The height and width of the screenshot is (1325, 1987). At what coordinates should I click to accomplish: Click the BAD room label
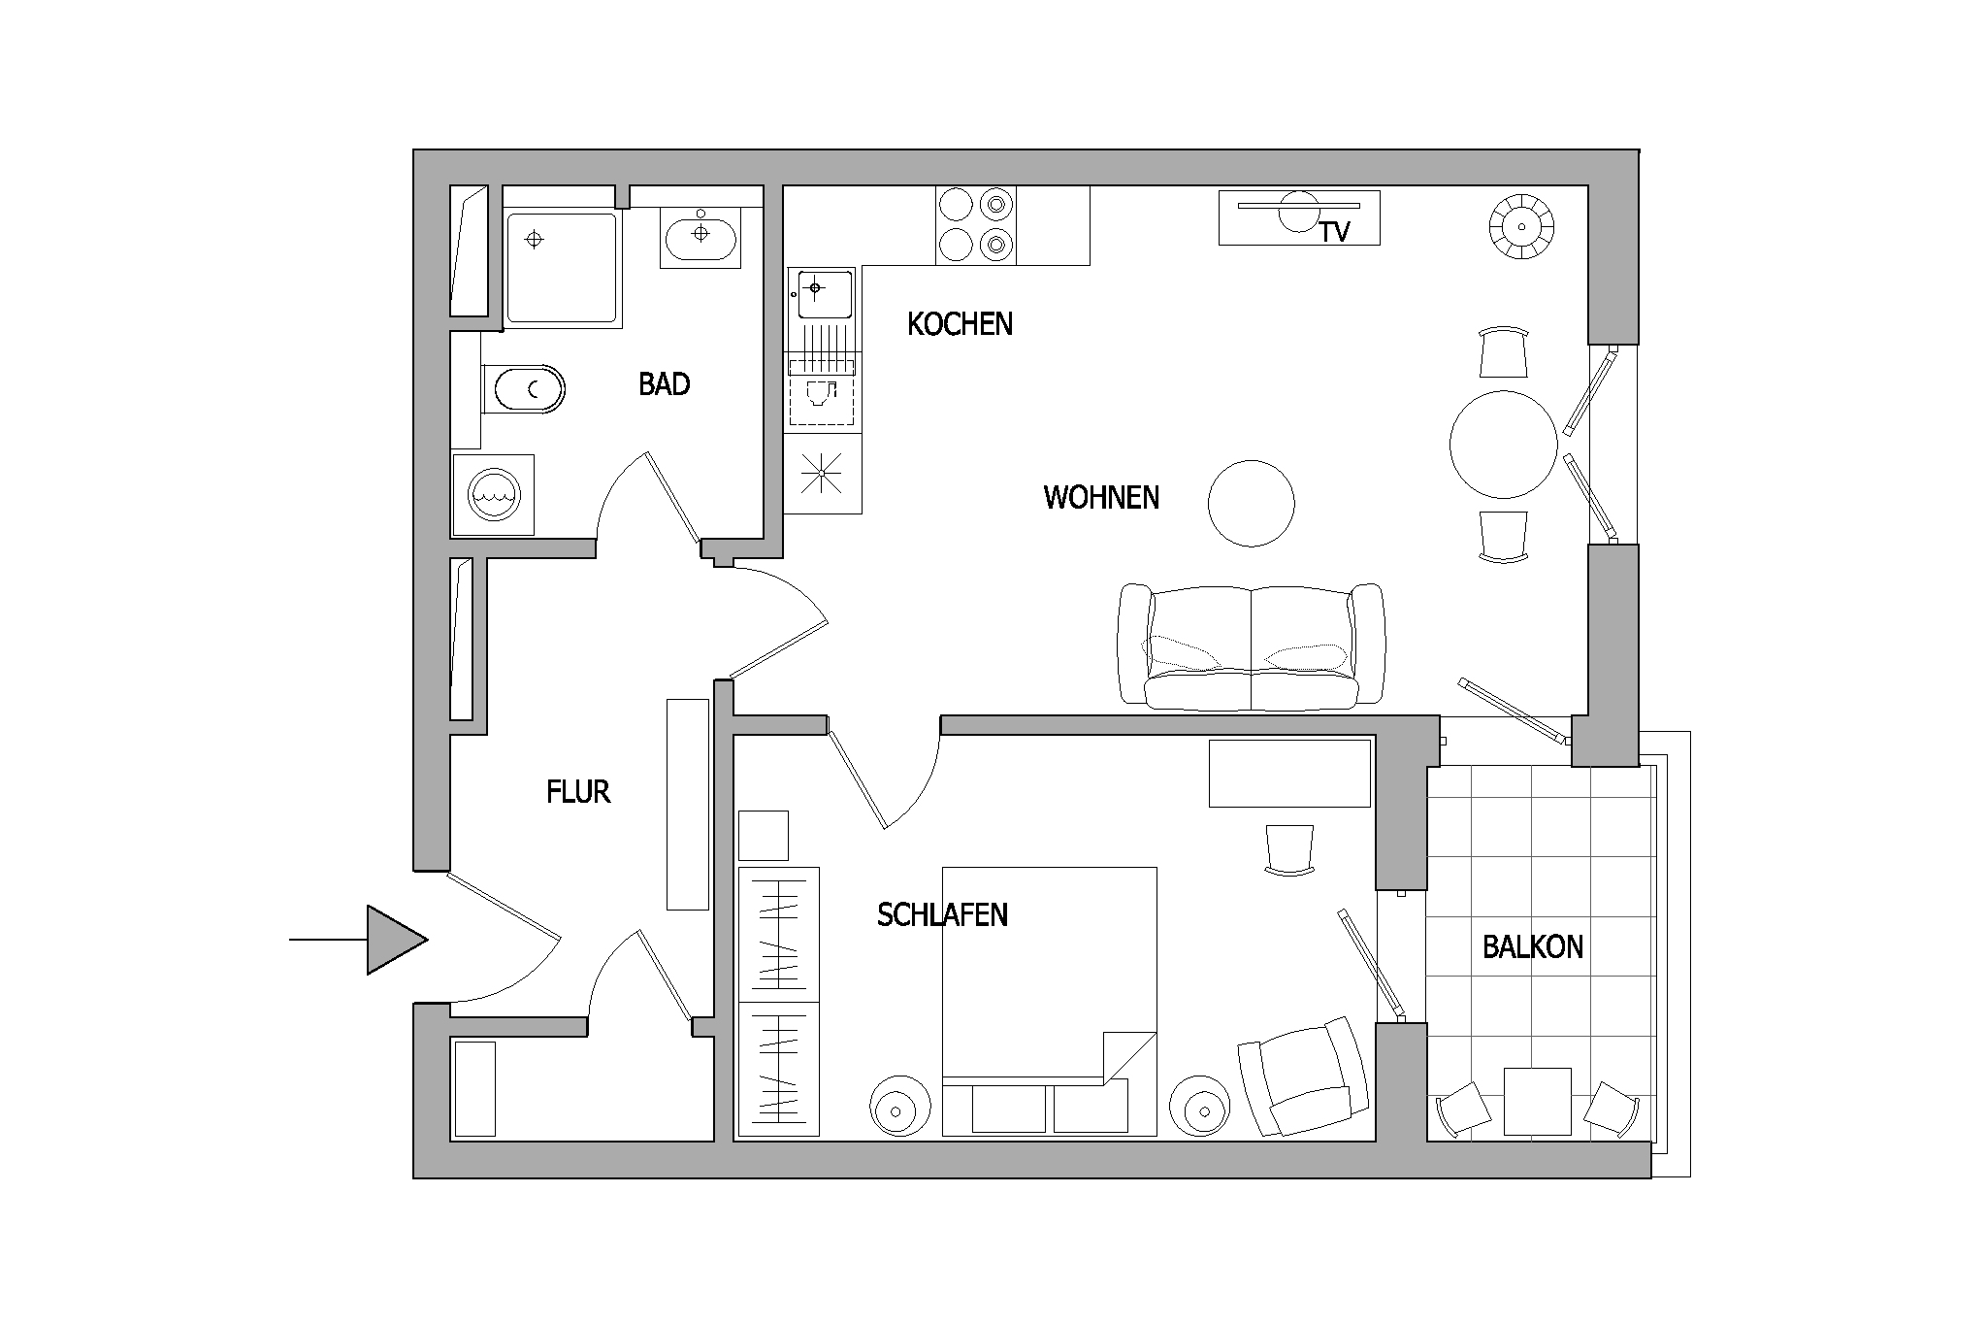(x=665, y=384)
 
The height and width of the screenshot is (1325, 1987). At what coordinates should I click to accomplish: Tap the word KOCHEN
(x=960, y=324)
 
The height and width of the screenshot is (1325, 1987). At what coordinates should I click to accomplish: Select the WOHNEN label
(x=1101, y=498)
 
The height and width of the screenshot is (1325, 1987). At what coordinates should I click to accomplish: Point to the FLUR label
(x=578, y=793)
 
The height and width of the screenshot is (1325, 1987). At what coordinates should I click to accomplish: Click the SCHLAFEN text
(x=942, y=915)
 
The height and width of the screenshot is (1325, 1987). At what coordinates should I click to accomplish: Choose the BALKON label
(x=1533, y=947)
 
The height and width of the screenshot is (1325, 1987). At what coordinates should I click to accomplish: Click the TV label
(x=1335, y=233)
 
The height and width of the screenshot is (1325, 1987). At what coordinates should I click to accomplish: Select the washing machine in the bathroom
(x=494, y=494)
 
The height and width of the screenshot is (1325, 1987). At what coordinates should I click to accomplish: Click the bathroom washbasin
(x=700, y=234)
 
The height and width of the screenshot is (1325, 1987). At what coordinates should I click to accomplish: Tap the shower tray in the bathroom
(x=562, y=268)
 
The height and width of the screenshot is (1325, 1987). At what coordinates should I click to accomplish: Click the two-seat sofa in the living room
(x=1252, y=646)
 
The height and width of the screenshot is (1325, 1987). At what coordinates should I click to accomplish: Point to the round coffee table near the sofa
(x=1252, y=504)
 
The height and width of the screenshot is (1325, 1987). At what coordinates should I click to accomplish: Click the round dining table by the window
(x=1504, y=445)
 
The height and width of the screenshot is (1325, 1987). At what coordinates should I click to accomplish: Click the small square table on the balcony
(x=1538, y=1101)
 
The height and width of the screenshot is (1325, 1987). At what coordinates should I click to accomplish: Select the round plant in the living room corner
(x=1521, y=227)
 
